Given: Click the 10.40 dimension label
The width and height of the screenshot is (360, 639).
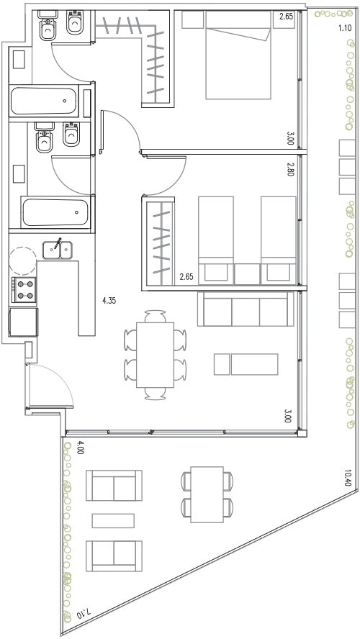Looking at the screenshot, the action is [x=347, y=478].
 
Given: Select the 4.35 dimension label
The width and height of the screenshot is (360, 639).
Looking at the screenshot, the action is [x=109, y=302].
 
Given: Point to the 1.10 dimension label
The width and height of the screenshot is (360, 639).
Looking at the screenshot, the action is [x=345, y=29].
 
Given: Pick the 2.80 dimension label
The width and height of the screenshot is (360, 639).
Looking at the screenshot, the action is [x=290, y=168].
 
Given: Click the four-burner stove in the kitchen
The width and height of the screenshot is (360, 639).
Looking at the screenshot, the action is [x=24, y=290].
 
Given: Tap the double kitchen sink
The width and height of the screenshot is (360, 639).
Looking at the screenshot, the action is [x=58, y=250].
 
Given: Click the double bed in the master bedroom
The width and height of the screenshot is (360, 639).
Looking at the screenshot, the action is [x=238, y=55].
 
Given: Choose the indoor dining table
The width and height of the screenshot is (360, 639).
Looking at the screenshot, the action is [x=155, y=355].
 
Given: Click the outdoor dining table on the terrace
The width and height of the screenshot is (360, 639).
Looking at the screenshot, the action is [x=207, y=494].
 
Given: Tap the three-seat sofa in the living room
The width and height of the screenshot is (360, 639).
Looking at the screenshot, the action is [x=246, y=309].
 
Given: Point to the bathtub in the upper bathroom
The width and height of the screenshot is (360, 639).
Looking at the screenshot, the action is [x=44, y=101].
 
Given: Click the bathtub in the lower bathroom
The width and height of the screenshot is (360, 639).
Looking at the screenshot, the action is [x=56, y=212].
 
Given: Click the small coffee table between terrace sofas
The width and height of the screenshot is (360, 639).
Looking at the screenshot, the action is [x=113, y=521].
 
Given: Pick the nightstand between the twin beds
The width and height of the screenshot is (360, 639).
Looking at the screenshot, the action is [x=247, y=274].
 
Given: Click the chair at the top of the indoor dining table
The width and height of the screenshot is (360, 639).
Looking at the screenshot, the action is [x=156, y=316].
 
